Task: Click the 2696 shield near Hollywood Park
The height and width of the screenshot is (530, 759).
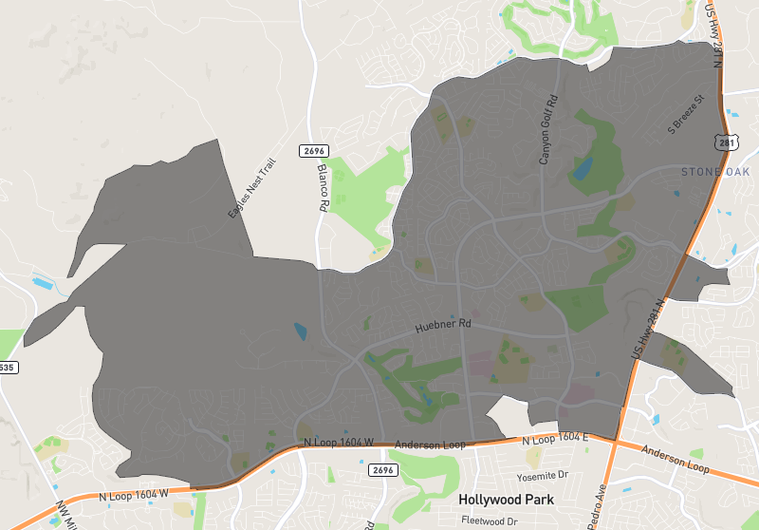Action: [380, 470]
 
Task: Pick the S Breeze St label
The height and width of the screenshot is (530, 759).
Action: [688, 111]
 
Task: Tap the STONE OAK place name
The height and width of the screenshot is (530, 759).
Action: [714, 172]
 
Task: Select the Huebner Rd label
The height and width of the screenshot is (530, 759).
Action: [443, 327]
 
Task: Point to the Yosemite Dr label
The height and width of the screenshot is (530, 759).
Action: [542, 475]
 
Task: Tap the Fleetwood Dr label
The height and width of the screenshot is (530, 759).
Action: [490, 521]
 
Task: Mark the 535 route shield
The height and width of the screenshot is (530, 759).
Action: [7, 367]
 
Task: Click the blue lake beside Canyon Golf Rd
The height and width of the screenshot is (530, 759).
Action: [582, 169]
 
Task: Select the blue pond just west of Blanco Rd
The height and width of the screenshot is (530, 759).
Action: [301, 331]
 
